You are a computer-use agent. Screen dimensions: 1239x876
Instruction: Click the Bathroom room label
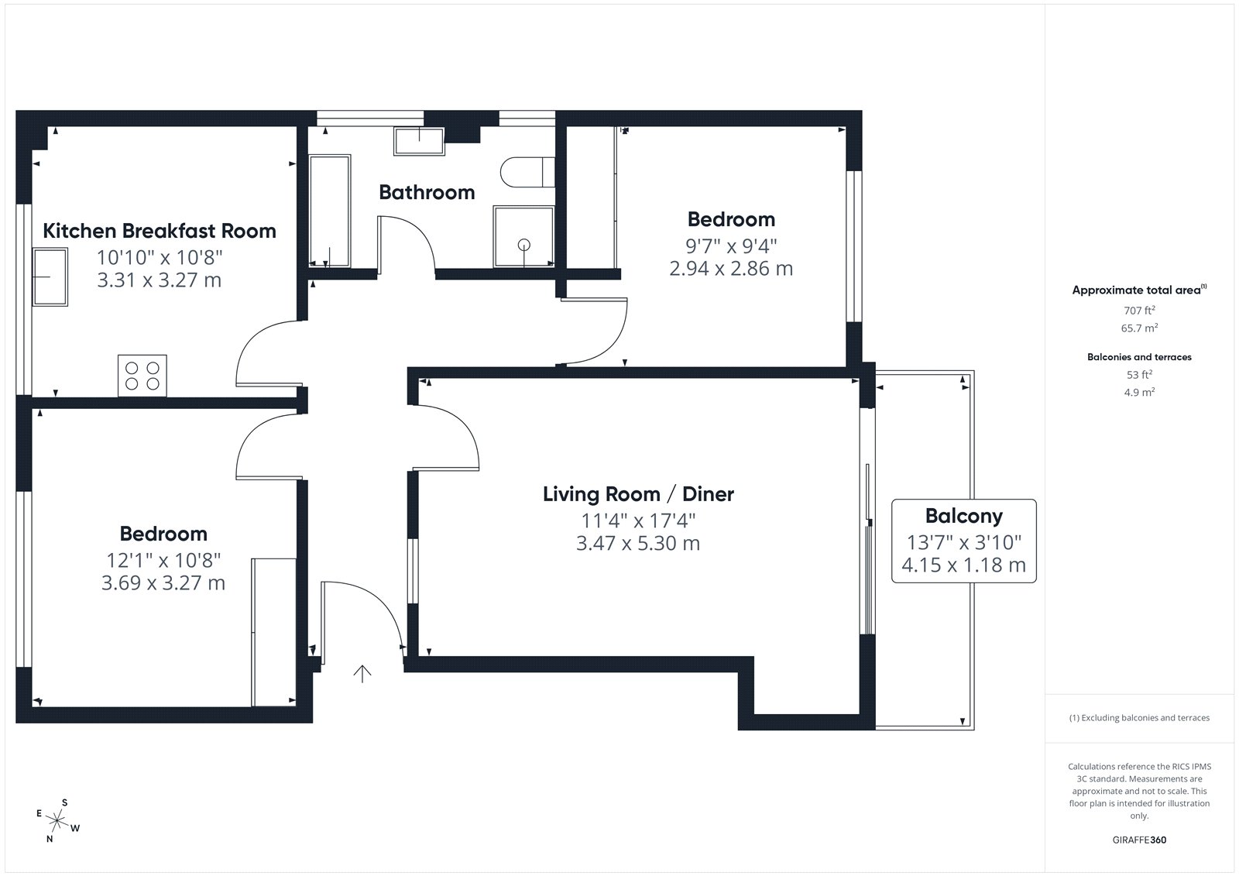(x=427, y=193)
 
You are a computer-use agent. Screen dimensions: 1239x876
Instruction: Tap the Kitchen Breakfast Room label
(x=160, y=231)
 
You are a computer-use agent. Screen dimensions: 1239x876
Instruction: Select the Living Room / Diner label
(x=638, y=494)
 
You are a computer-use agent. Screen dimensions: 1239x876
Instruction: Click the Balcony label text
(x=963, y=517)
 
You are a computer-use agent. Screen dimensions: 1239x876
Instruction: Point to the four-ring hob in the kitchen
(x=142, y=376)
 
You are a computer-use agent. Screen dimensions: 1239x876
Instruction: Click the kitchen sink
(x=50, y=277)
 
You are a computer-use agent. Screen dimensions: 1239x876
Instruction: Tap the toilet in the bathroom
(x=527, y=172)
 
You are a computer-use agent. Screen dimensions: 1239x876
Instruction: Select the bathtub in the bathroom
(x=330, y=211)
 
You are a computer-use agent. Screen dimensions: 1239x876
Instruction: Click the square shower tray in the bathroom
(x=523, y=237)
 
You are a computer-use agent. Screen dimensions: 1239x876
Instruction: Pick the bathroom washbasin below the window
(x=419, y=141)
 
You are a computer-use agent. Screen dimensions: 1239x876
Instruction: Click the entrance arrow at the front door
(x=362, y=674)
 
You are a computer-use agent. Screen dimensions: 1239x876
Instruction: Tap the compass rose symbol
(x=57, y=820)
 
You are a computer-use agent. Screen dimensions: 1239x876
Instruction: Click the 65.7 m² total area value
(x=1139, y=328)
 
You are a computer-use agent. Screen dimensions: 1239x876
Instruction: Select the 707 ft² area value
(x=1139, y=311)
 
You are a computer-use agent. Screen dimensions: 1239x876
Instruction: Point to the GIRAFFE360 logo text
(x=1139, y=840)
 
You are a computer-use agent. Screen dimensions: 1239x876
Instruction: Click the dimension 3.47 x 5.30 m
(x=638, y=544)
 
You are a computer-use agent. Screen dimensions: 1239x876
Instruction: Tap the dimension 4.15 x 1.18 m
(x=963, y=565)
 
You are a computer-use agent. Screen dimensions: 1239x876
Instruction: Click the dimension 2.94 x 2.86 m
(x=731, y=269)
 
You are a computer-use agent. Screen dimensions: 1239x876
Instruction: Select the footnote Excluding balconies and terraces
(x=1139, y=718)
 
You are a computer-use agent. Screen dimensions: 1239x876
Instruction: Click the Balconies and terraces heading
(x=1139, y=357)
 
